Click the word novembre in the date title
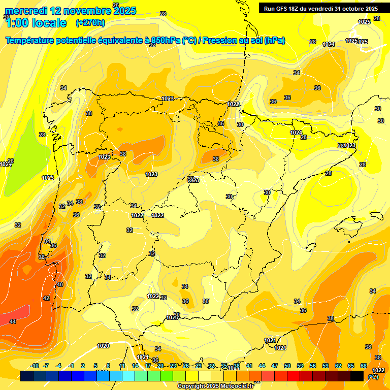click(81, 10)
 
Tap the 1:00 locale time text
click(36, 22)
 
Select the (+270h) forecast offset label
click(90, 22)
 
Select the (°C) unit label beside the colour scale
click(373, 377)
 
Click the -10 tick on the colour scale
click(35, 366)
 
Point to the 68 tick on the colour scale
click(364, 366)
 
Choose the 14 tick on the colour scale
click(135, 366)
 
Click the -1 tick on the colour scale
click(71, 366)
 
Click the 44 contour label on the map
click(13, 321)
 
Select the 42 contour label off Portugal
click(46, 298)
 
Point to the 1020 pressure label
click(103, 346)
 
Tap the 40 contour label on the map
click(60, 285)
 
